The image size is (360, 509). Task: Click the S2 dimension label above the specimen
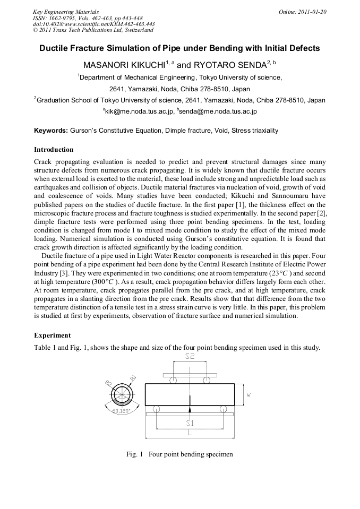[190, 357]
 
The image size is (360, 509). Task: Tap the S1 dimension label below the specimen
[190, 423]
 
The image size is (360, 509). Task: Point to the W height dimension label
[248, 395]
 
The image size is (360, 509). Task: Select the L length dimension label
[190, 433]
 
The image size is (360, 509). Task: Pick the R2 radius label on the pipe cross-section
[108, 383]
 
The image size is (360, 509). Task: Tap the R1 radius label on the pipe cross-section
[133, 378]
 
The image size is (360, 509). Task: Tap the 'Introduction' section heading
[54, 150]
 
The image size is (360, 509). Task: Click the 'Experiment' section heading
[52, 335]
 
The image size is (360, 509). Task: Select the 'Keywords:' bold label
[51, 130]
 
